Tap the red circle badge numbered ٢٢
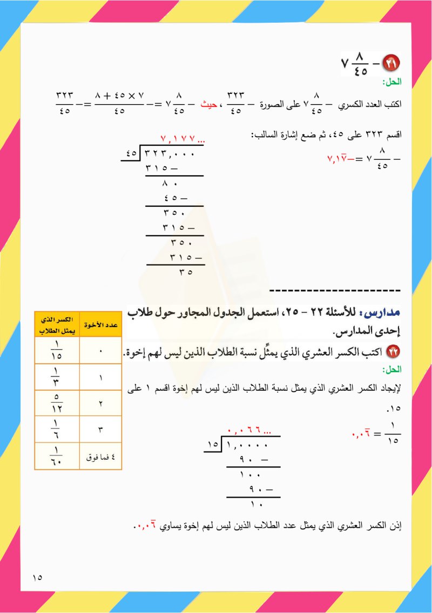pos(388,352)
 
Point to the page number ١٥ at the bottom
pos(37,577)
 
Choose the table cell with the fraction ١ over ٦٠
pos(57,456)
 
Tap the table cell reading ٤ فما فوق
pos(100,457)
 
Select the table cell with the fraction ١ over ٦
pos(57,430)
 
